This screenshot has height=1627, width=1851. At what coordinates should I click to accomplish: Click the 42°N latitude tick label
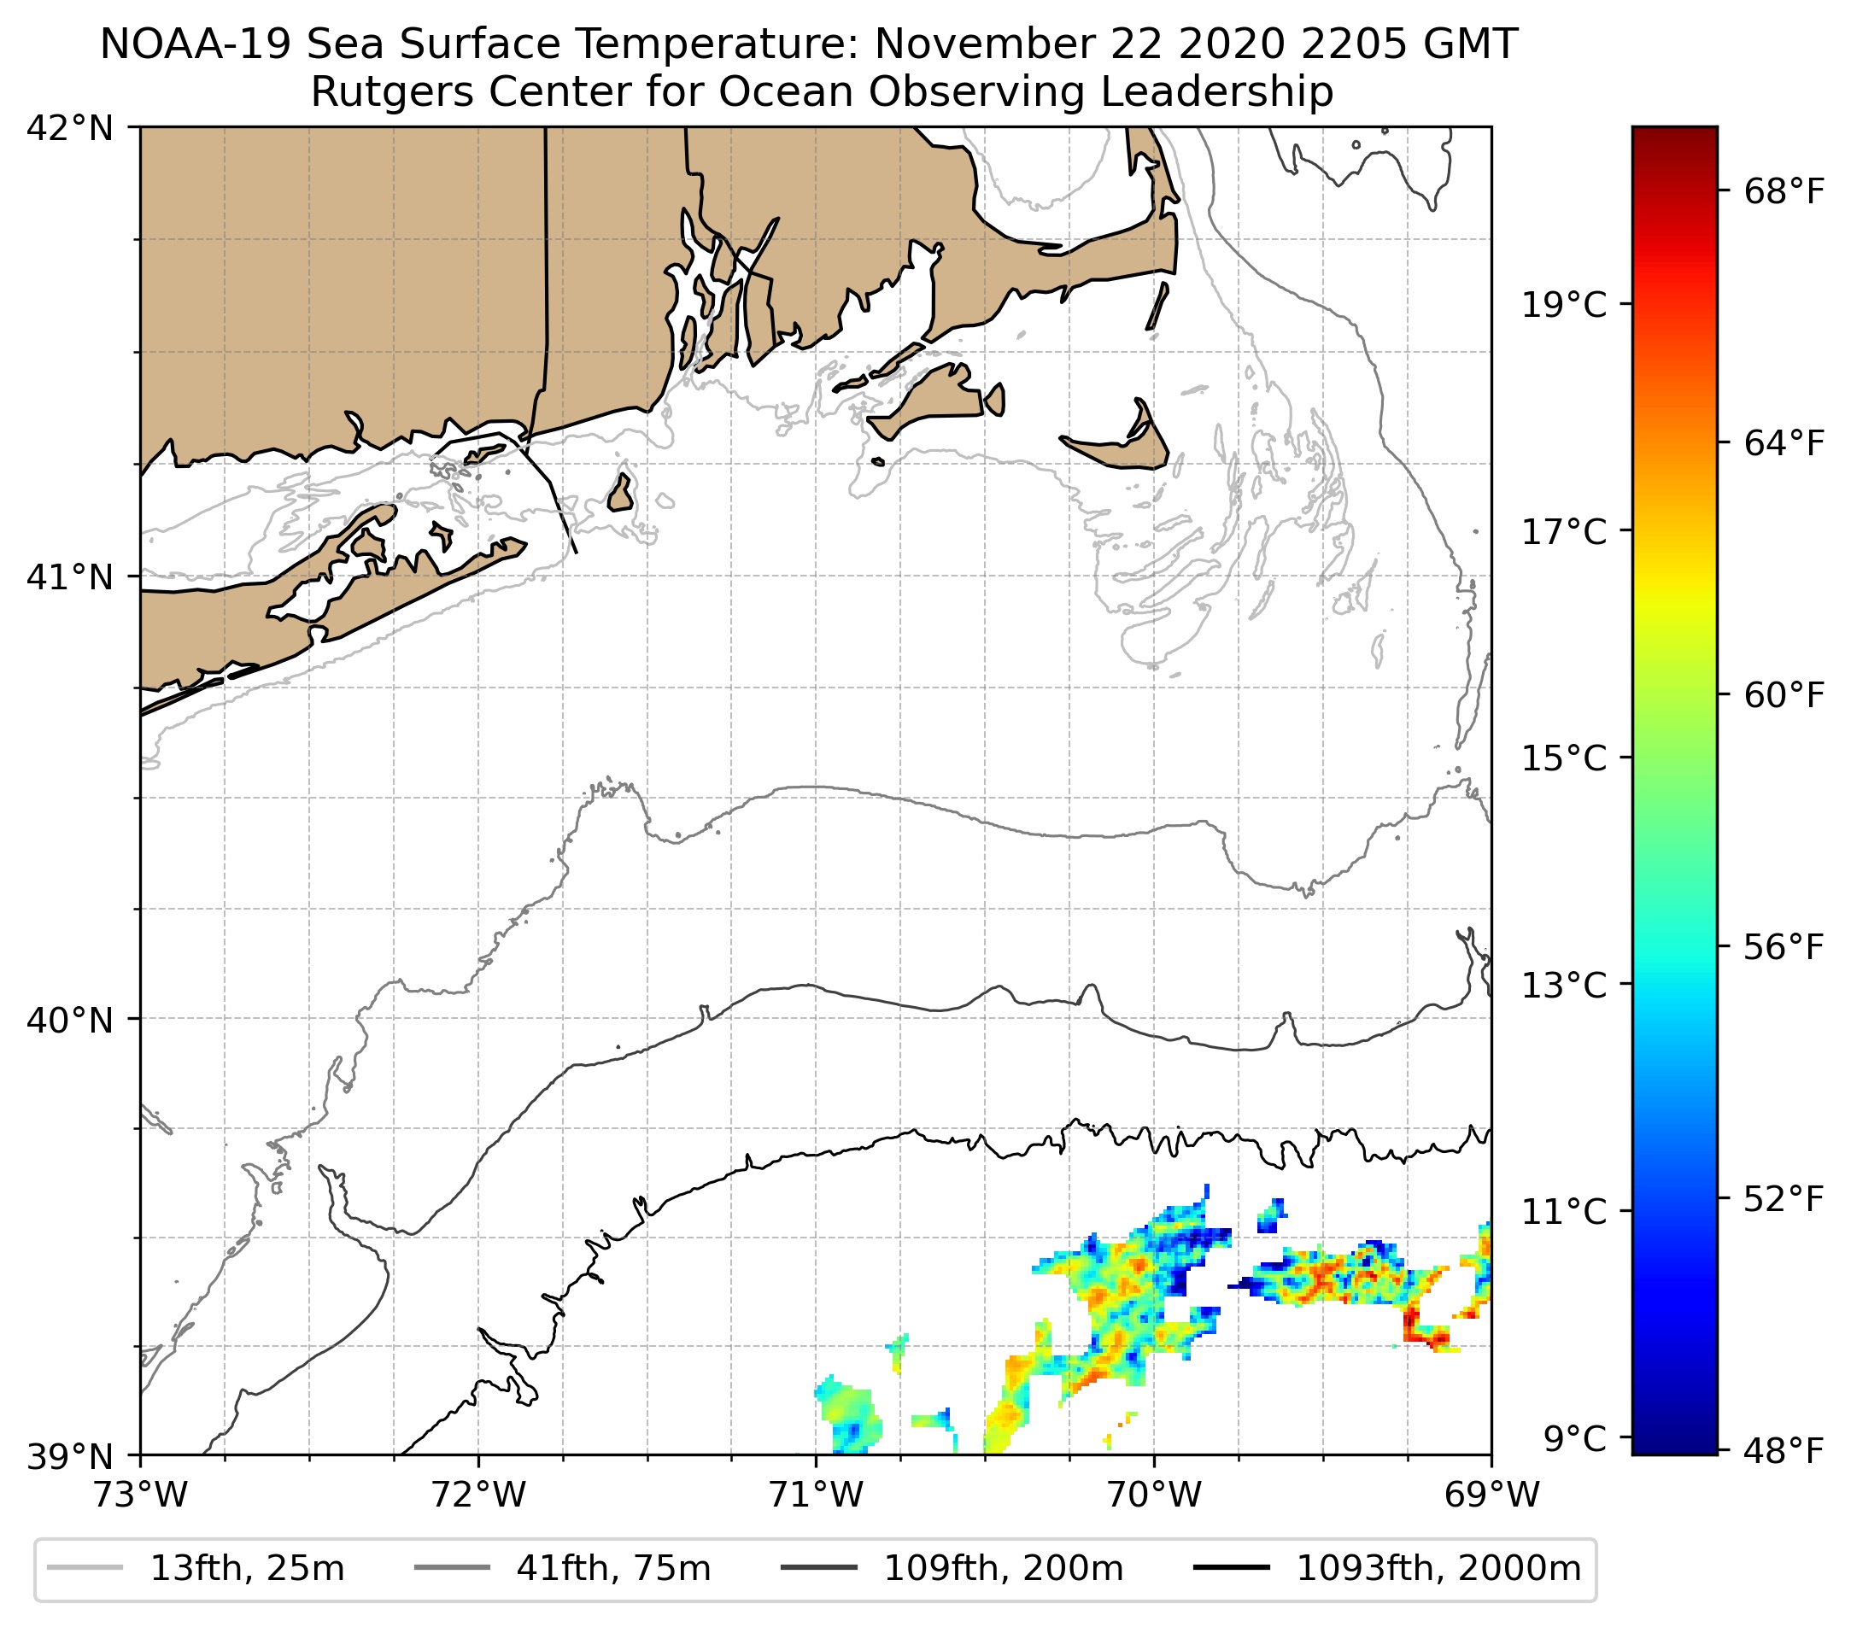[x=70, y=129]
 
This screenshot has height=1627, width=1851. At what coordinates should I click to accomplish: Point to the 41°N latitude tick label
[x=70, y=576]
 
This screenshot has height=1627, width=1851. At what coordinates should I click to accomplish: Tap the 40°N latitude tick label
[x=70, y=1020]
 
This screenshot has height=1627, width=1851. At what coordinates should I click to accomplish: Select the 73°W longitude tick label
[x=140, y=1495]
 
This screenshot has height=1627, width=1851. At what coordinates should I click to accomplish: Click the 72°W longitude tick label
[x=478, y=1495]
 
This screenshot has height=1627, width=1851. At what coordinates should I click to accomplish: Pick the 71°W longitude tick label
[x=816, y=1495]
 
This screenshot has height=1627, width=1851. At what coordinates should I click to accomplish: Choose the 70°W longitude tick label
[x=1155, y=1495]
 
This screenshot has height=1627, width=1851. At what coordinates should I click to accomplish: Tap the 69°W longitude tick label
[x=1491, y=1495]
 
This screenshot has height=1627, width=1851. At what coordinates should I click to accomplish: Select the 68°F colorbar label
[x=1772, y=192]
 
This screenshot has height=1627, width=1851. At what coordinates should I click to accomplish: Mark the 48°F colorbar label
[x=1772, y=1452]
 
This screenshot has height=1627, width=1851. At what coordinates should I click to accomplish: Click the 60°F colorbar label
[x=1772, y=695]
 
